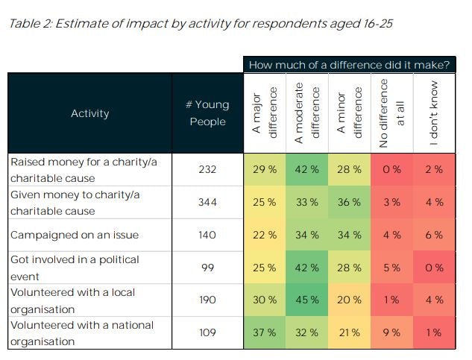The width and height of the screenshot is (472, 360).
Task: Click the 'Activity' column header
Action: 89,113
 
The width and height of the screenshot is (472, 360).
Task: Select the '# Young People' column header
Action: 207,113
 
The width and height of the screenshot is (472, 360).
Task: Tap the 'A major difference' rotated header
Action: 265,113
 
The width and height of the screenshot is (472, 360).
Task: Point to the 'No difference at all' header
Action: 393,113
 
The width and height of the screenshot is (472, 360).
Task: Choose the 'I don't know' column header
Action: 435,113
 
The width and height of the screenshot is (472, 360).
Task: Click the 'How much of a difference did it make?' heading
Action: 349,65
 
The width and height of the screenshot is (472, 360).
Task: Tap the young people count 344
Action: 207,202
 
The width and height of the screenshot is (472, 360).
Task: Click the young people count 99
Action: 207,268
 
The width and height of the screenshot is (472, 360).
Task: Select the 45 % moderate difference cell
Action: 307,300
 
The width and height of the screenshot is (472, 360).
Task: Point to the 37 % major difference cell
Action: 265,333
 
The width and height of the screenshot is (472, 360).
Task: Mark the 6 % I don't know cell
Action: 435,235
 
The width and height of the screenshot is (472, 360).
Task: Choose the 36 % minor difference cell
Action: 350,202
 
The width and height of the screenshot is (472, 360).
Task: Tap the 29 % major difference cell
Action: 265,169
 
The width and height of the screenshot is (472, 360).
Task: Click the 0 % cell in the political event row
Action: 435,268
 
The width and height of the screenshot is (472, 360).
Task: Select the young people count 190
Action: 207,300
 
